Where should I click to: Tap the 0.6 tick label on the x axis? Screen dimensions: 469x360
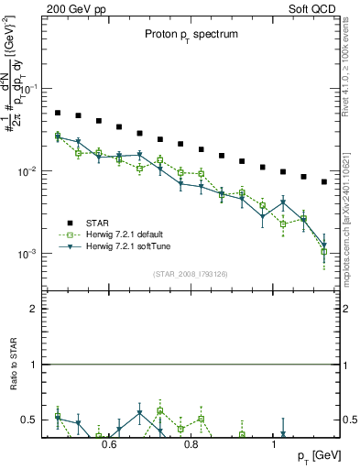[109, 445]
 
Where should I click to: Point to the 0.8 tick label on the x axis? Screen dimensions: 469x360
[191, 445]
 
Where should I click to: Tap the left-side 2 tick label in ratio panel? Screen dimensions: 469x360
[32, 310]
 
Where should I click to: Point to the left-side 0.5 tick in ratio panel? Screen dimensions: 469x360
[28, 420]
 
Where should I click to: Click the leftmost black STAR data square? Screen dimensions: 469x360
[57, 113]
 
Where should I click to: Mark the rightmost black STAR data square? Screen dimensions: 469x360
[324, 181]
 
